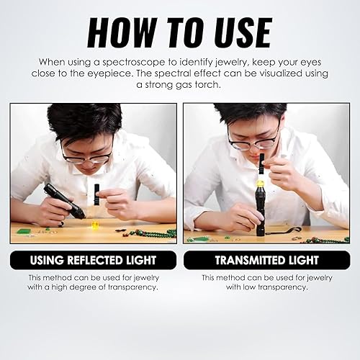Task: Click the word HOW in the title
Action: tap(122, 32)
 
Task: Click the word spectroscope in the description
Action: tap(134, 63)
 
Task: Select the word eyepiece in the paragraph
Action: tap(109, 74)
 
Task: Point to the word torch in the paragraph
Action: tap(207, 85)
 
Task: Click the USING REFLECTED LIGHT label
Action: tap(93, 261)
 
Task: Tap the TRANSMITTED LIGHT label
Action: tap(267, 261)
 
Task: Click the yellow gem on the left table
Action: tap(95, 225)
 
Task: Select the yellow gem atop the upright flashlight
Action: tap(260, 183)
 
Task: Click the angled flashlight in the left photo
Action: tap(64, 201)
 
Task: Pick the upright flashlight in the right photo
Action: tap(260, 211)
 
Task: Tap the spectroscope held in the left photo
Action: tap(97, 194)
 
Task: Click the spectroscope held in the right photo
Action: tap(262, 165)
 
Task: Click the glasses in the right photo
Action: tap(254, 140)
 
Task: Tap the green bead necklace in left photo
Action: tap(153, 234)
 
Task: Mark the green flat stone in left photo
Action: tap(24, 232)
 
